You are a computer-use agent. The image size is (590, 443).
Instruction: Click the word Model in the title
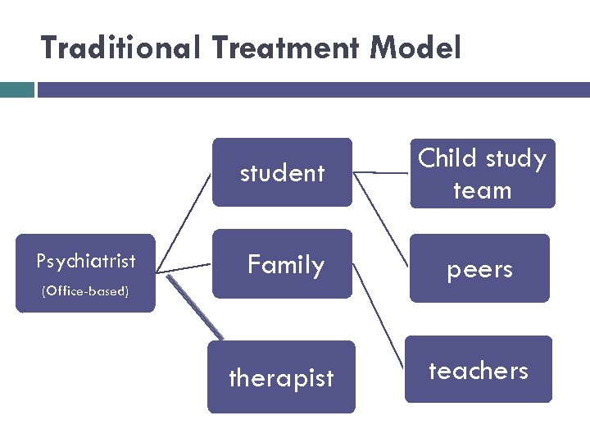point(415,48)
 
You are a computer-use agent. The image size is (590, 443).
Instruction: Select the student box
point(282,172)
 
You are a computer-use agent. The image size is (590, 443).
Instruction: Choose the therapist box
point(281,377)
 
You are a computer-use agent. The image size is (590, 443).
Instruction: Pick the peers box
point(479,269)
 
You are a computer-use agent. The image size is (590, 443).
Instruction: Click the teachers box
point(479,370)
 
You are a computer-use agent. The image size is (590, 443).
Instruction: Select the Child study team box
point(482,173)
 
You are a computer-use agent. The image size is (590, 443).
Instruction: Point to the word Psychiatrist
point(86,262)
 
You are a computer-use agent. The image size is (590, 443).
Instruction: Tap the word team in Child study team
point(482,190)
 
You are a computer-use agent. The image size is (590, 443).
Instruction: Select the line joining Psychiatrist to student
point(183,221)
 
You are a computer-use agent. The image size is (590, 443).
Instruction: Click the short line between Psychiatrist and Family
point(184,267)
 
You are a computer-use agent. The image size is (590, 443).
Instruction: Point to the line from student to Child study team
point(381,173)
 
